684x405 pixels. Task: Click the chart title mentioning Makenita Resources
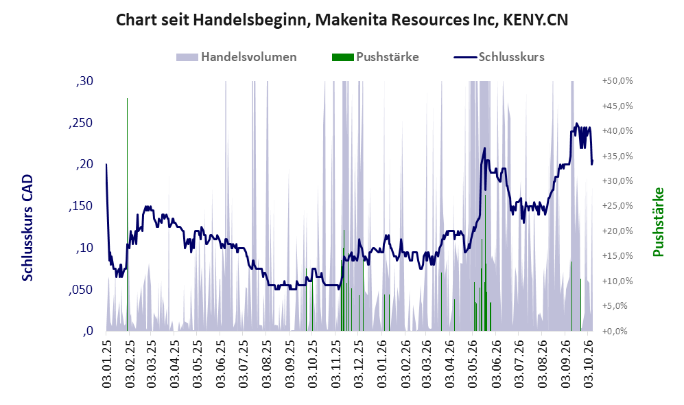[342, 20]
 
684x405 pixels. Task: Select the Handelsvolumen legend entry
[237, 57]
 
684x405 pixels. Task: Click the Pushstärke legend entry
[375, 57]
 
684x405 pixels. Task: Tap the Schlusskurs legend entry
[499, 57]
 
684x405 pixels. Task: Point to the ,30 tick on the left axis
[84, 81]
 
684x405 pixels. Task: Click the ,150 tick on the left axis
[81, 206]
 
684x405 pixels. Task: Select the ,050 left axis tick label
[81, 290]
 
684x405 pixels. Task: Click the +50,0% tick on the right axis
[617, 81]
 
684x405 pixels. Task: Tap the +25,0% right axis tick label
[617, 206]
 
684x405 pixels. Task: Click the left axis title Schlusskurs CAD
[27, 228]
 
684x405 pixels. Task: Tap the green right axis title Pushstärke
[658, 222]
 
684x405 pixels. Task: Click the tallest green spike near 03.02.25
[128, 215]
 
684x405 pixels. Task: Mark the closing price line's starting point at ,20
[106, 165]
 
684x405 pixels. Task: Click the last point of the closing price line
[592, 161]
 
